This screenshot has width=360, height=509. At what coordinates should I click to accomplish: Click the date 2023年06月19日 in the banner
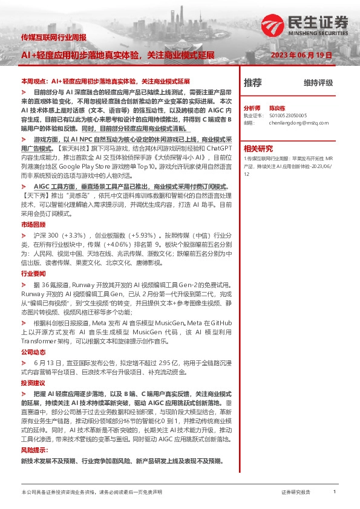[x=303, y=54]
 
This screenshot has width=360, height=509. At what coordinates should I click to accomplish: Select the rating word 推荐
[x=252, y=82]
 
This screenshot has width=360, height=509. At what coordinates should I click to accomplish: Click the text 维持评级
[x=318, y=83]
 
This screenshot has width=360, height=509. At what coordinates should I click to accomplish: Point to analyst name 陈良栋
[x=277, y=106]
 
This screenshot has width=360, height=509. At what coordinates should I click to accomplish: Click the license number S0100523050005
[x=288, y=114]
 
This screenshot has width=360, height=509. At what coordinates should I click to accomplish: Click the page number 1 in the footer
[x=335, y=492]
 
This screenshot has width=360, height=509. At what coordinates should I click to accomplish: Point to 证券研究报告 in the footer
[x=296, y=493]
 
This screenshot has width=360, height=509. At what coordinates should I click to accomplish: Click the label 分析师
[x=252, y=106]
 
